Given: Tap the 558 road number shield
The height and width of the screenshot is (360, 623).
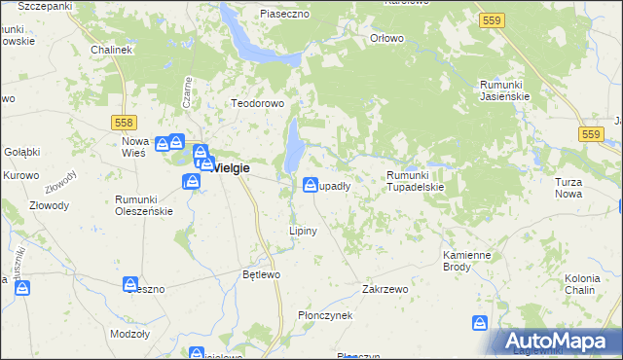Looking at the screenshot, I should [124, 123].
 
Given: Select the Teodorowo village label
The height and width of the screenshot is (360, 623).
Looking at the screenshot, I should [255, 103].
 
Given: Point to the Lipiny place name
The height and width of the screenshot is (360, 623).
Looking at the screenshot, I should [301, 231].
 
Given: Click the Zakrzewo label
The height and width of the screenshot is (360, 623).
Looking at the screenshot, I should [383, 289].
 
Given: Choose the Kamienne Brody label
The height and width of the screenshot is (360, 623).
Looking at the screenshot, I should [466, 260].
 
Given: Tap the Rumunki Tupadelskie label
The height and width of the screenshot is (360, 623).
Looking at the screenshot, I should [415, 181].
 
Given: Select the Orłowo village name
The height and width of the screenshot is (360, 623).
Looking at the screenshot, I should [387, 38].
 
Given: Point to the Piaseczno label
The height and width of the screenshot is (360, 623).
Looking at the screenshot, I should [284, 14].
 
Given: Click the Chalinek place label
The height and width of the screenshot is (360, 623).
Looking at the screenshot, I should [110, 49].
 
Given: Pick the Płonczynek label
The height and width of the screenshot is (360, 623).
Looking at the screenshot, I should [325, 316].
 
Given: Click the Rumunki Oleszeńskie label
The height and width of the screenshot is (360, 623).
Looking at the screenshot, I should [143, 204].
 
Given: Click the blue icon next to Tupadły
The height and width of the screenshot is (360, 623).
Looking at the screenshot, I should [311, 184].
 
